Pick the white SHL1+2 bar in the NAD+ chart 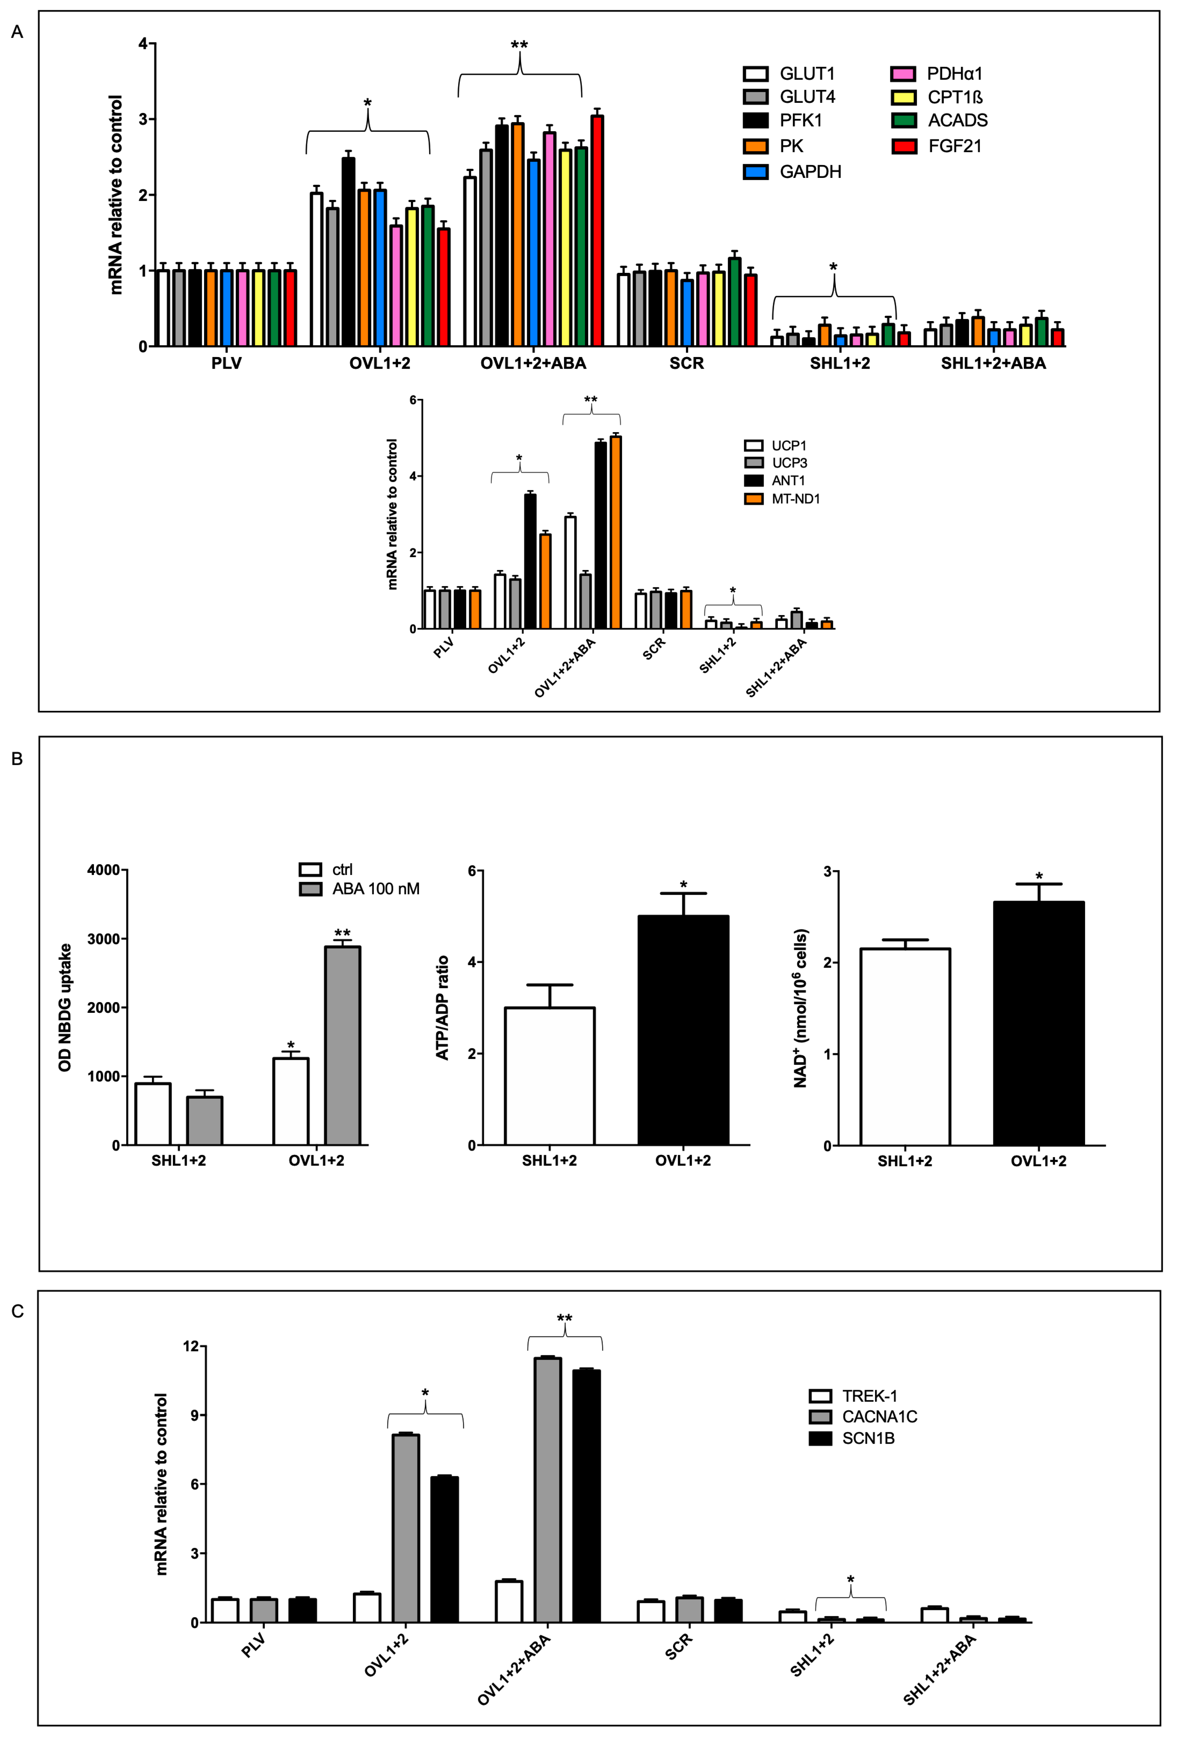(x=905, y=1046)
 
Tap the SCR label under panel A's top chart (x=686, y=364)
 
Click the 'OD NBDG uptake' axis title (x=65, y=1007)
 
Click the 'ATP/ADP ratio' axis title (x=442, y=1007)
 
